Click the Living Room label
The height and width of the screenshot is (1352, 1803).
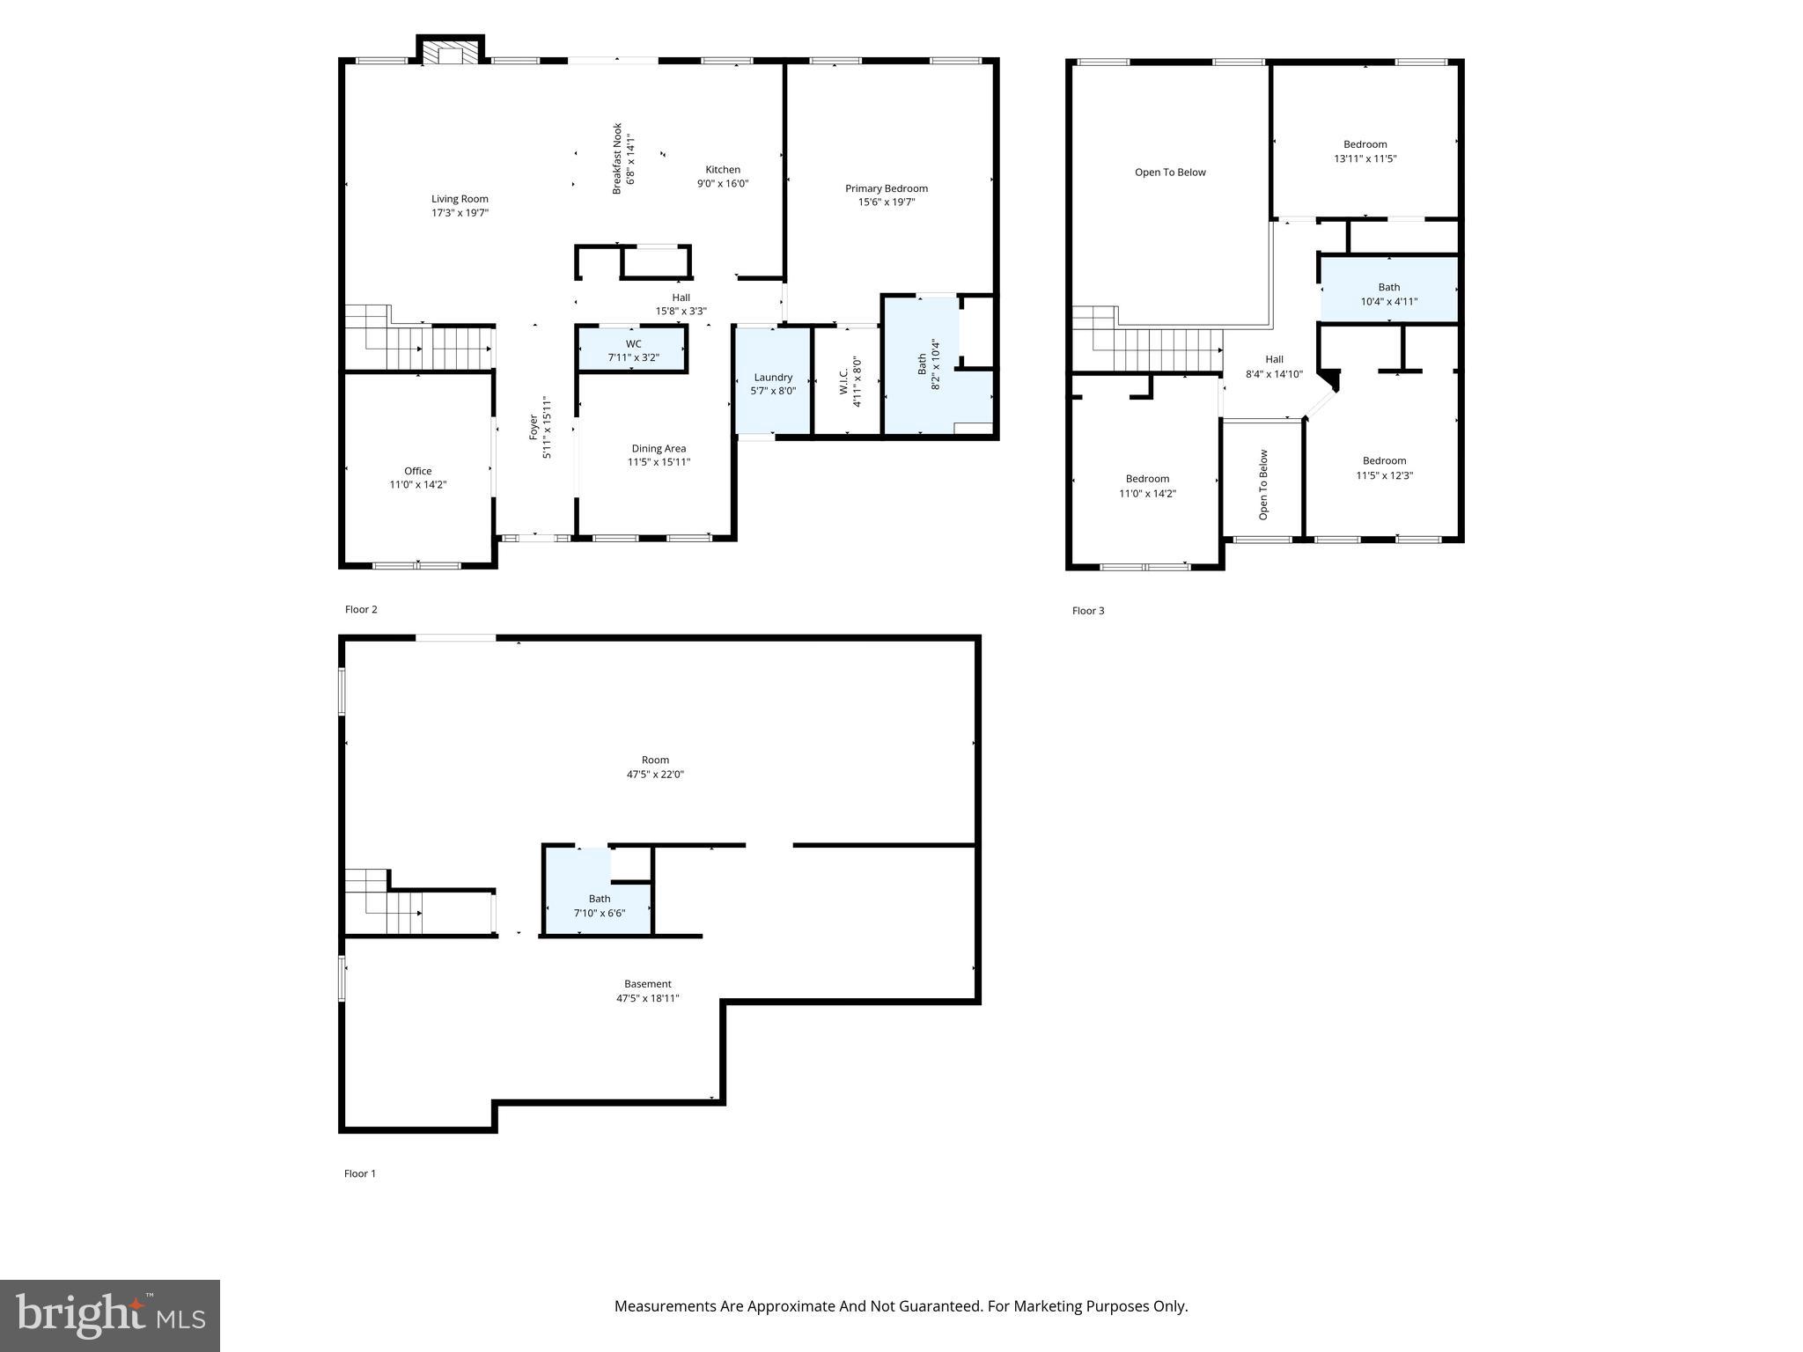pos(460,199)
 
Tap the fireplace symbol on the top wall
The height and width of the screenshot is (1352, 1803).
pos(451,53)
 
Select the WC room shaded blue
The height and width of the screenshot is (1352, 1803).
pos(633,350)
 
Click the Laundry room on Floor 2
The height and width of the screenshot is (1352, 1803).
pos(773,384)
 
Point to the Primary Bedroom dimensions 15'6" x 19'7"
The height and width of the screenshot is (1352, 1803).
pos(887,202)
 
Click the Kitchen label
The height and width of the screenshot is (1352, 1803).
pos(723,170)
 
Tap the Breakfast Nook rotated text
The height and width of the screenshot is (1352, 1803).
pos(618,158)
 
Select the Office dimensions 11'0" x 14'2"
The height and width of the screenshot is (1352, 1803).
pos(418,485)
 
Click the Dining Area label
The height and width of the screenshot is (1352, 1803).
pos(659,448)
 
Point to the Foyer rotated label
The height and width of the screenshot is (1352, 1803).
pos(534,427)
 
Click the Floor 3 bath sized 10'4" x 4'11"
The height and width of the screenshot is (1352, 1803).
pos(1388,294)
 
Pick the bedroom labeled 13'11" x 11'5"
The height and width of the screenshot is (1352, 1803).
pos(1365,151)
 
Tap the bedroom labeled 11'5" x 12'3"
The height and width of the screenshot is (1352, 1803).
pos(1384,468)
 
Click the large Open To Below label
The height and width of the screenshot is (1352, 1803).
pos(1170,173)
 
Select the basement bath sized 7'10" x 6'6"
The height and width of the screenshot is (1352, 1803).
pos(599,906)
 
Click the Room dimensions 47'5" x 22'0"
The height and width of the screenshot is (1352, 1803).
pos(655,775)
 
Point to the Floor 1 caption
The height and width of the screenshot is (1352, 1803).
pos(360,1173)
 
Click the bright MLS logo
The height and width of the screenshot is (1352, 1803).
pos(110,1316)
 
